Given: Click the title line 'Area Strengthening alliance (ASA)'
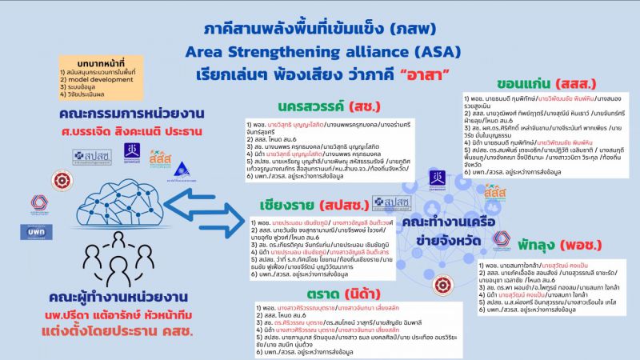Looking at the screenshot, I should [319, 53].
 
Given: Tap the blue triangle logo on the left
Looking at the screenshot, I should [182, 169].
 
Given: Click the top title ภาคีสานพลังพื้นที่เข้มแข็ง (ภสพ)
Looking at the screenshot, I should [320, 29].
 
